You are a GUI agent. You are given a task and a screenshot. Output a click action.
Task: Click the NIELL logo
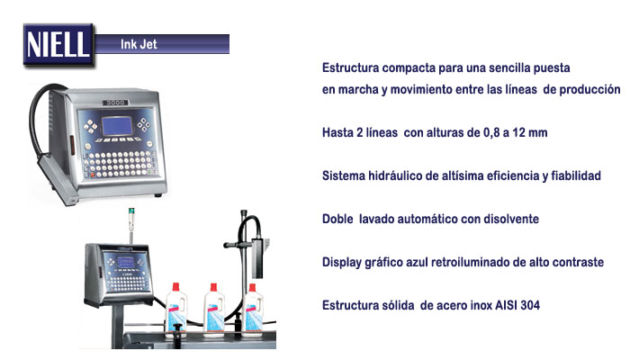point(58,44)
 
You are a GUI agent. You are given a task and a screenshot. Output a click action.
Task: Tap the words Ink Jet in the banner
point(139,44)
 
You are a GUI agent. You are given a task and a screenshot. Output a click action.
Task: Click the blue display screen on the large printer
point(117,126)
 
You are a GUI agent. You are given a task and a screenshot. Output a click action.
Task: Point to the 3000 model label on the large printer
point(115,103)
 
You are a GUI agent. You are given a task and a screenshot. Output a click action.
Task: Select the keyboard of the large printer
point(120,163)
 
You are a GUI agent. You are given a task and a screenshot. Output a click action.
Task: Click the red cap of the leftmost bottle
point(175,287)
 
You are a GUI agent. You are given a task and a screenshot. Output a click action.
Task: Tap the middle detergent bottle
point(214,310)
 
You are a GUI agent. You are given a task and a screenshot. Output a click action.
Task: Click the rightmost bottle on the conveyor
point(253,310)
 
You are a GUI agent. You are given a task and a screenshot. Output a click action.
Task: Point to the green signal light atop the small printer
point(131,211)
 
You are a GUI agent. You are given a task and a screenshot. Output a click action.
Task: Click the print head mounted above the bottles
point(256,258)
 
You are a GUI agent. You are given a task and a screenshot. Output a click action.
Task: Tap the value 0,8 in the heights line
point(491,132)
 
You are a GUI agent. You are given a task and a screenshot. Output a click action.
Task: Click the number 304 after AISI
point(530,305)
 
